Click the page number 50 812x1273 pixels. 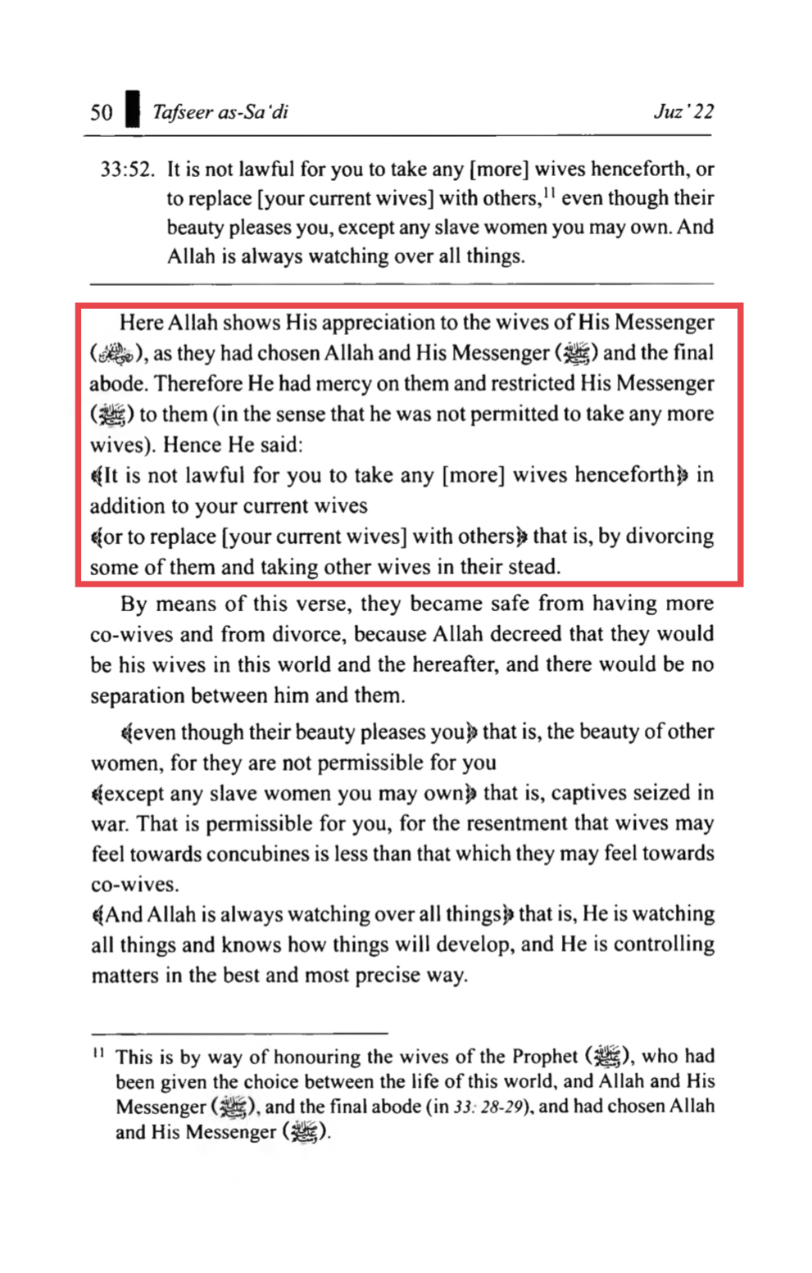pos(102,112)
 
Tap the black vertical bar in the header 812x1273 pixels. pos(132,110)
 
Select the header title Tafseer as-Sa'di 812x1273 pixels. pos(220,112)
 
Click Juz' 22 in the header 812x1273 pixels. pos(683,111)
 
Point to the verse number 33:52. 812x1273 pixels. pos(127,170)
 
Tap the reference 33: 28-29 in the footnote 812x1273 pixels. pos(489,1107)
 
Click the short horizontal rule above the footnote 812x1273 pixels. pos(239,1034)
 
